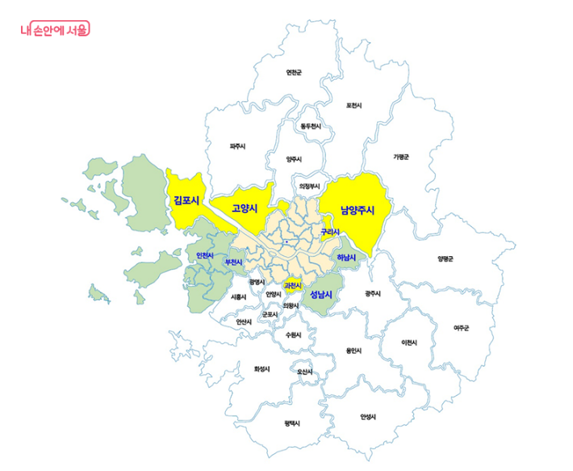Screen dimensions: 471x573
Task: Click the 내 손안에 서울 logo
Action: [x=55, y=29]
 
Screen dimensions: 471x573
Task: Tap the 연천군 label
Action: [x=294, y=73]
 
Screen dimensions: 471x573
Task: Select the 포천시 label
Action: [x=354, y=105]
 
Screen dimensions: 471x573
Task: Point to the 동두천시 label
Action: [x=311, y=127]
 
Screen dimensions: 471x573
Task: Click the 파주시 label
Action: [x=237, y=146]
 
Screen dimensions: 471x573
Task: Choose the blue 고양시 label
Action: [x=245, y=208]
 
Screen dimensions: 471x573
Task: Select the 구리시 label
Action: [x=329, y=232]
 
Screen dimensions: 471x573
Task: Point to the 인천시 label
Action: [x=205, y=256]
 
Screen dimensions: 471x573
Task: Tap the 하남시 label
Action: [x=346, y=258]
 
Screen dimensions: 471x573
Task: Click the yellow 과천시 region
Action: [x=292, y=284]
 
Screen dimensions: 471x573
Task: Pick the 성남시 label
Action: [x=321, y=294]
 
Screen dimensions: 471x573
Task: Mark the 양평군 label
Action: [x=445, y=259]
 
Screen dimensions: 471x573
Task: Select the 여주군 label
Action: [x=462, y=327]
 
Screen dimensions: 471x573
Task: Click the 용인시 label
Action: [x=353, y=351]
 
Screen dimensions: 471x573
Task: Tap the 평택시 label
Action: [x=292, y=423]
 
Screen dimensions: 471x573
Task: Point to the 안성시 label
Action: [x=368, y=417]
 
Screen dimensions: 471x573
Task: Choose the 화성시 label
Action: [x=261, y=368]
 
